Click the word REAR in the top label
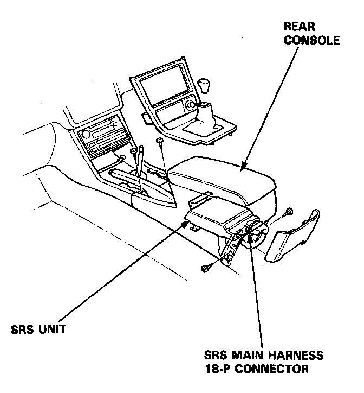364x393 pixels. coord(299,26)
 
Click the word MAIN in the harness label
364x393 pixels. coord(252,357)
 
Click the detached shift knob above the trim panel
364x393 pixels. coord(204,85)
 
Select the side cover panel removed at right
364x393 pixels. coord(292,236)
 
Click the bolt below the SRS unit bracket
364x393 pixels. coord(206,268)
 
